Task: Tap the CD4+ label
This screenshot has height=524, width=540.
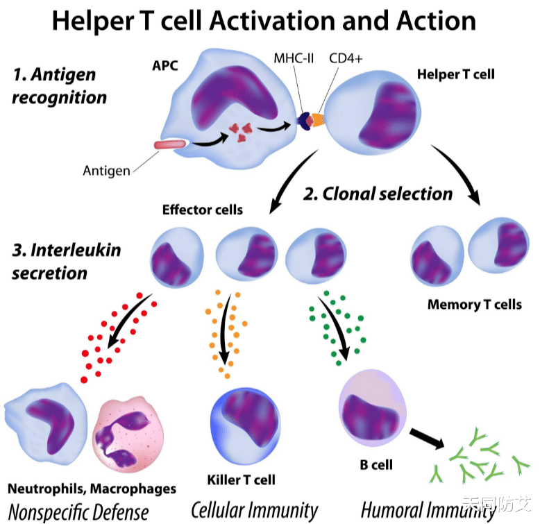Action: [345, 59]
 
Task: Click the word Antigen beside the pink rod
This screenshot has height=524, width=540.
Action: [106, 170]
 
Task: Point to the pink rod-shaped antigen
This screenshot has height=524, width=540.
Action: [170, 146]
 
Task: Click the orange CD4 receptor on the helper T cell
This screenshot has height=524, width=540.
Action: [317, 120]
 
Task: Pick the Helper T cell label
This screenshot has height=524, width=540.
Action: [455, 74]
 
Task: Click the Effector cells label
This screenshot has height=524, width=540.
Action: [202, 209]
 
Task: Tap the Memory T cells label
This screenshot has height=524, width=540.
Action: [474, 304]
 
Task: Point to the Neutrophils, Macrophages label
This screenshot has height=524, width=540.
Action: [92, 489]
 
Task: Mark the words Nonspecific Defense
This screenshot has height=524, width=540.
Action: [79, 512]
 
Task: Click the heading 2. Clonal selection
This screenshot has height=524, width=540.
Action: [378, 193]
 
